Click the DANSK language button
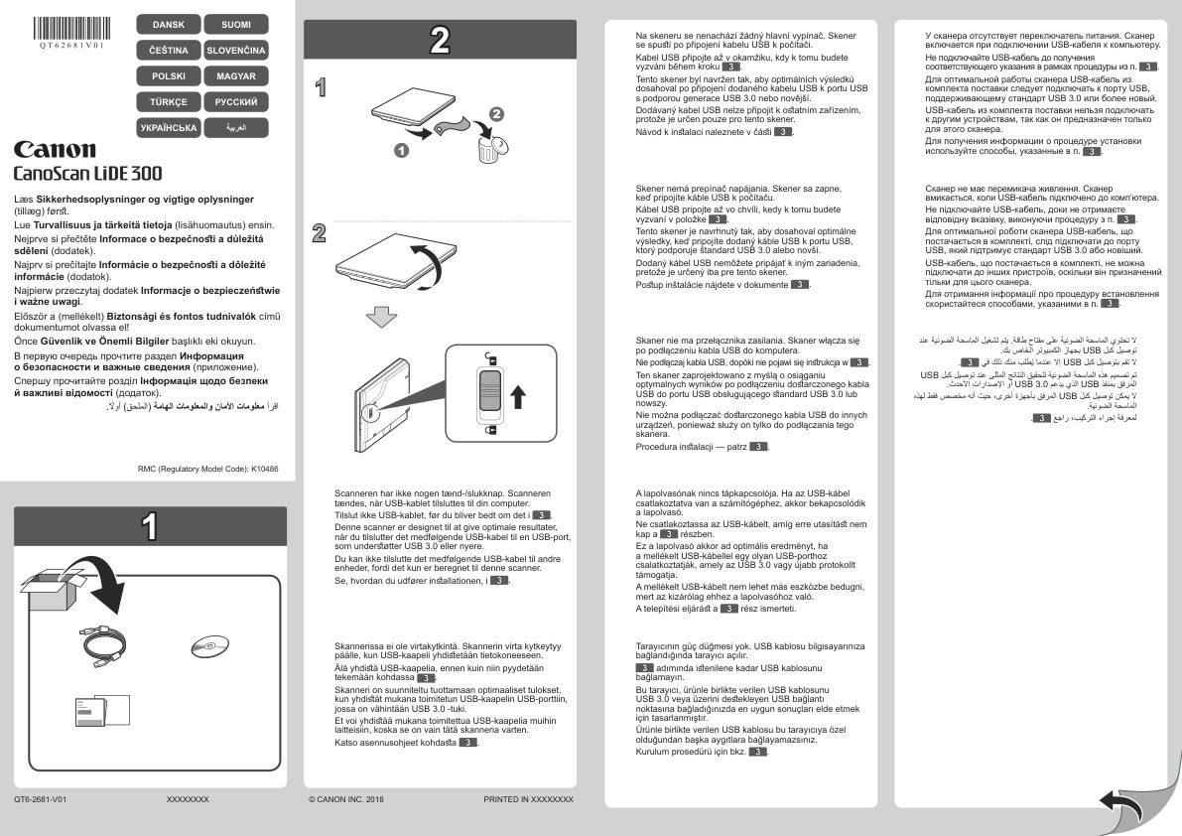(168, 23)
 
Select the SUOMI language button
(236, 23)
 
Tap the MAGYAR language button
(236, 75)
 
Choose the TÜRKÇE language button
(168, 101)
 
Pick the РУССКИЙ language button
(236, 101)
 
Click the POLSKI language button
(168, 75)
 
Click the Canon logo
(55, 151)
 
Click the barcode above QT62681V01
(70, 26)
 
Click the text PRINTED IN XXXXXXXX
(528, 798)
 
